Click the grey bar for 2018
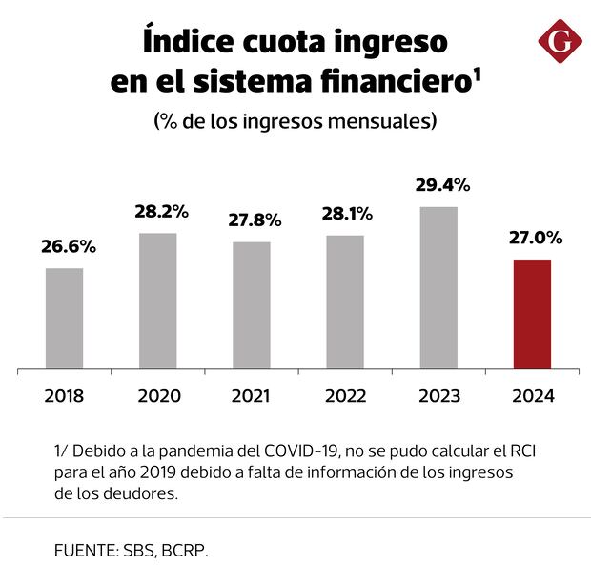tap(64, 318)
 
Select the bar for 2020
tap(158, 301)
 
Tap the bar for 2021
tap(252, 304)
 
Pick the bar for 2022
tap(345, 302)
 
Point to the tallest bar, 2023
tap(438, 287)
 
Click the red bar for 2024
tap(532, 313)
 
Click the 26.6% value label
tap(68, 247)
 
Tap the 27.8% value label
tap(255, 220)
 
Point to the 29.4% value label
tap(442, 184)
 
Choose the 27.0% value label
tap(536, 238)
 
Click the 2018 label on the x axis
tap(64, 395)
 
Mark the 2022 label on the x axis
tap(345, 395)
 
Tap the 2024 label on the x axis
tap(532, 395)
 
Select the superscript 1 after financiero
tap(477, 73)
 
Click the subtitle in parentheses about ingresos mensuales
tap(295, 121)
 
